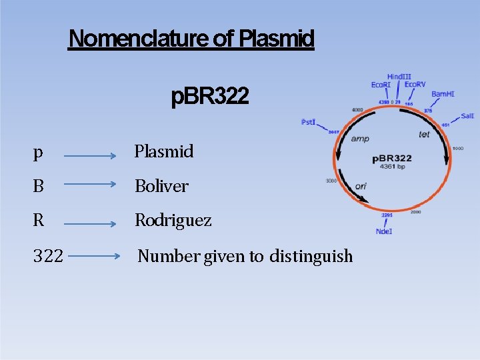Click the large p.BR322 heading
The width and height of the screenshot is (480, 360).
point(210,97)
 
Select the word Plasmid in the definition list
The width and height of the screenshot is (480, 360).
point(164,151)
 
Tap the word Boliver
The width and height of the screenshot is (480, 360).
point(161,186)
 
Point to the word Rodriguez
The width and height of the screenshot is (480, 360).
point(173,220)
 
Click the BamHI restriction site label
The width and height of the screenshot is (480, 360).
point(443,94)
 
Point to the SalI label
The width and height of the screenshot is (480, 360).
point(467,116)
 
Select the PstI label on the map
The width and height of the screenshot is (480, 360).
point(308,122)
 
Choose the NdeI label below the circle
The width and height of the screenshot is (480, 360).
point(385,231)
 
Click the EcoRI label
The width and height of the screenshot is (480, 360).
point(381,85)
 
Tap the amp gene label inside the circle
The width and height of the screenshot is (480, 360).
point(360,139)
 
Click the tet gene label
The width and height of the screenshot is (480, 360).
point(424,135)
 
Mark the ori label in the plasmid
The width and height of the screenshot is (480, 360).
point(361,186)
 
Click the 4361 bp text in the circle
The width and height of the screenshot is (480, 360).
point(393,166)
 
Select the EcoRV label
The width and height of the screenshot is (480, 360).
point(415,85)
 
